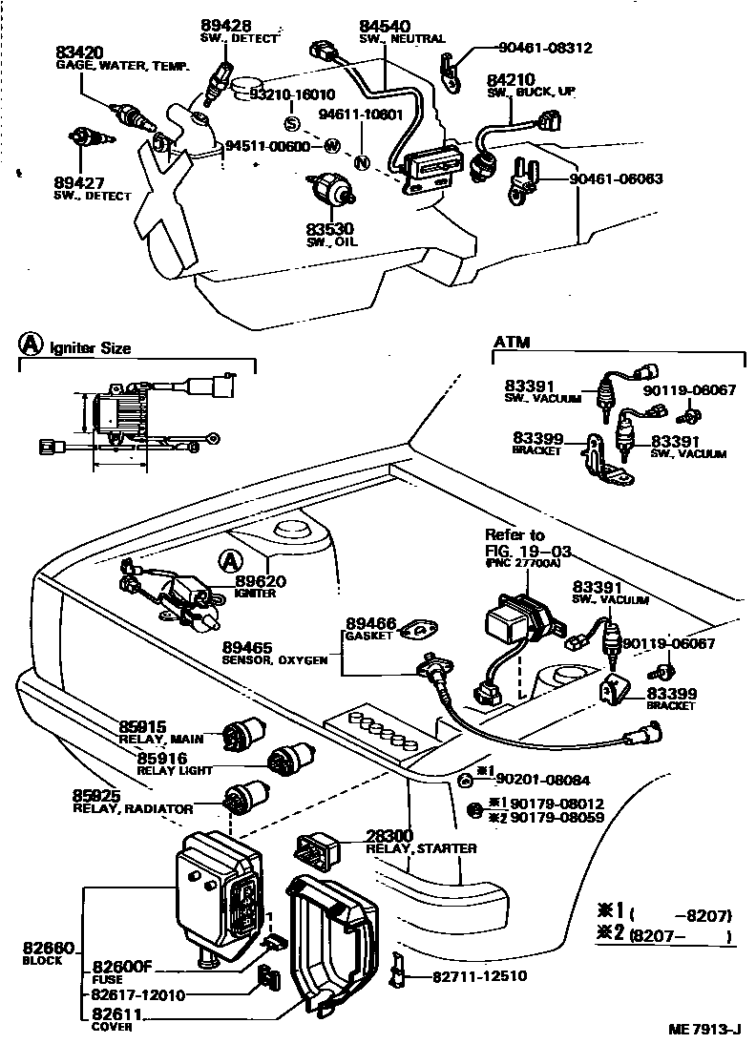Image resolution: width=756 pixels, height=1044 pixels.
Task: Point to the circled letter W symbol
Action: click(331, 146)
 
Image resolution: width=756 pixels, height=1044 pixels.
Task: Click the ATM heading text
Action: click(512, 342)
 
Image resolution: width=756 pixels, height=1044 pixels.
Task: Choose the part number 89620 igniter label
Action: click(260, 580)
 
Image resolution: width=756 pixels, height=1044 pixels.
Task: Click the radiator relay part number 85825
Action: click(96, 795)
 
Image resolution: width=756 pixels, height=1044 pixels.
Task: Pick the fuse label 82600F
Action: click(122, 966)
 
